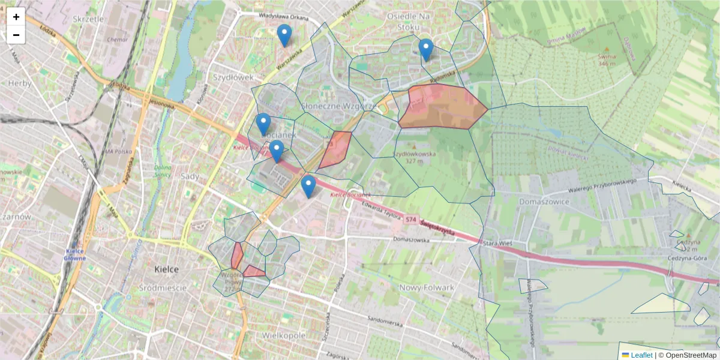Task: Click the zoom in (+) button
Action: point(16,17)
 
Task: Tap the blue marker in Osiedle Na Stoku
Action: point(425,50)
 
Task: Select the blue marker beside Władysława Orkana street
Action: point(284,35)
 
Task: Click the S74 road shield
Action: point(411,220)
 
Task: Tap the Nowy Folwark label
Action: point(427,288)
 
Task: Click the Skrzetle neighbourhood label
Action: point(88,19)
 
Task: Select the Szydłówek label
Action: point(233,77)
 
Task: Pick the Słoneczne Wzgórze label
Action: point(338,106)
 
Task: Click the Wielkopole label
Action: point(284,335)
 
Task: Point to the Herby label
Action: point(19,83)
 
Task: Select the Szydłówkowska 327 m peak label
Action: point(414,157)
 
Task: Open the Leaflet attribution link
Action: point(642,355)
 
